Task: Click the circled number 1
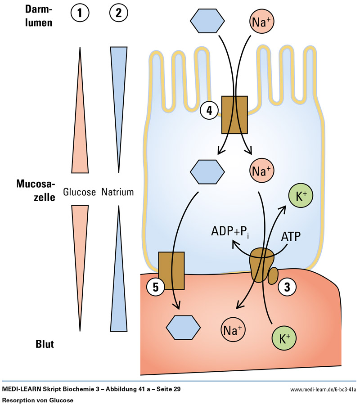80,13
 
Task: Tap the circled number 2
119,13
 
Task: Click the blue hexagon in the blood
183,327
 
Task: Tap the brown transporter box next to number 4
234,115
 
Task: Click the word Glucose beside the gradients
80,192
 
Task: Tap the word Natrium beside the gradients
118,192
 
